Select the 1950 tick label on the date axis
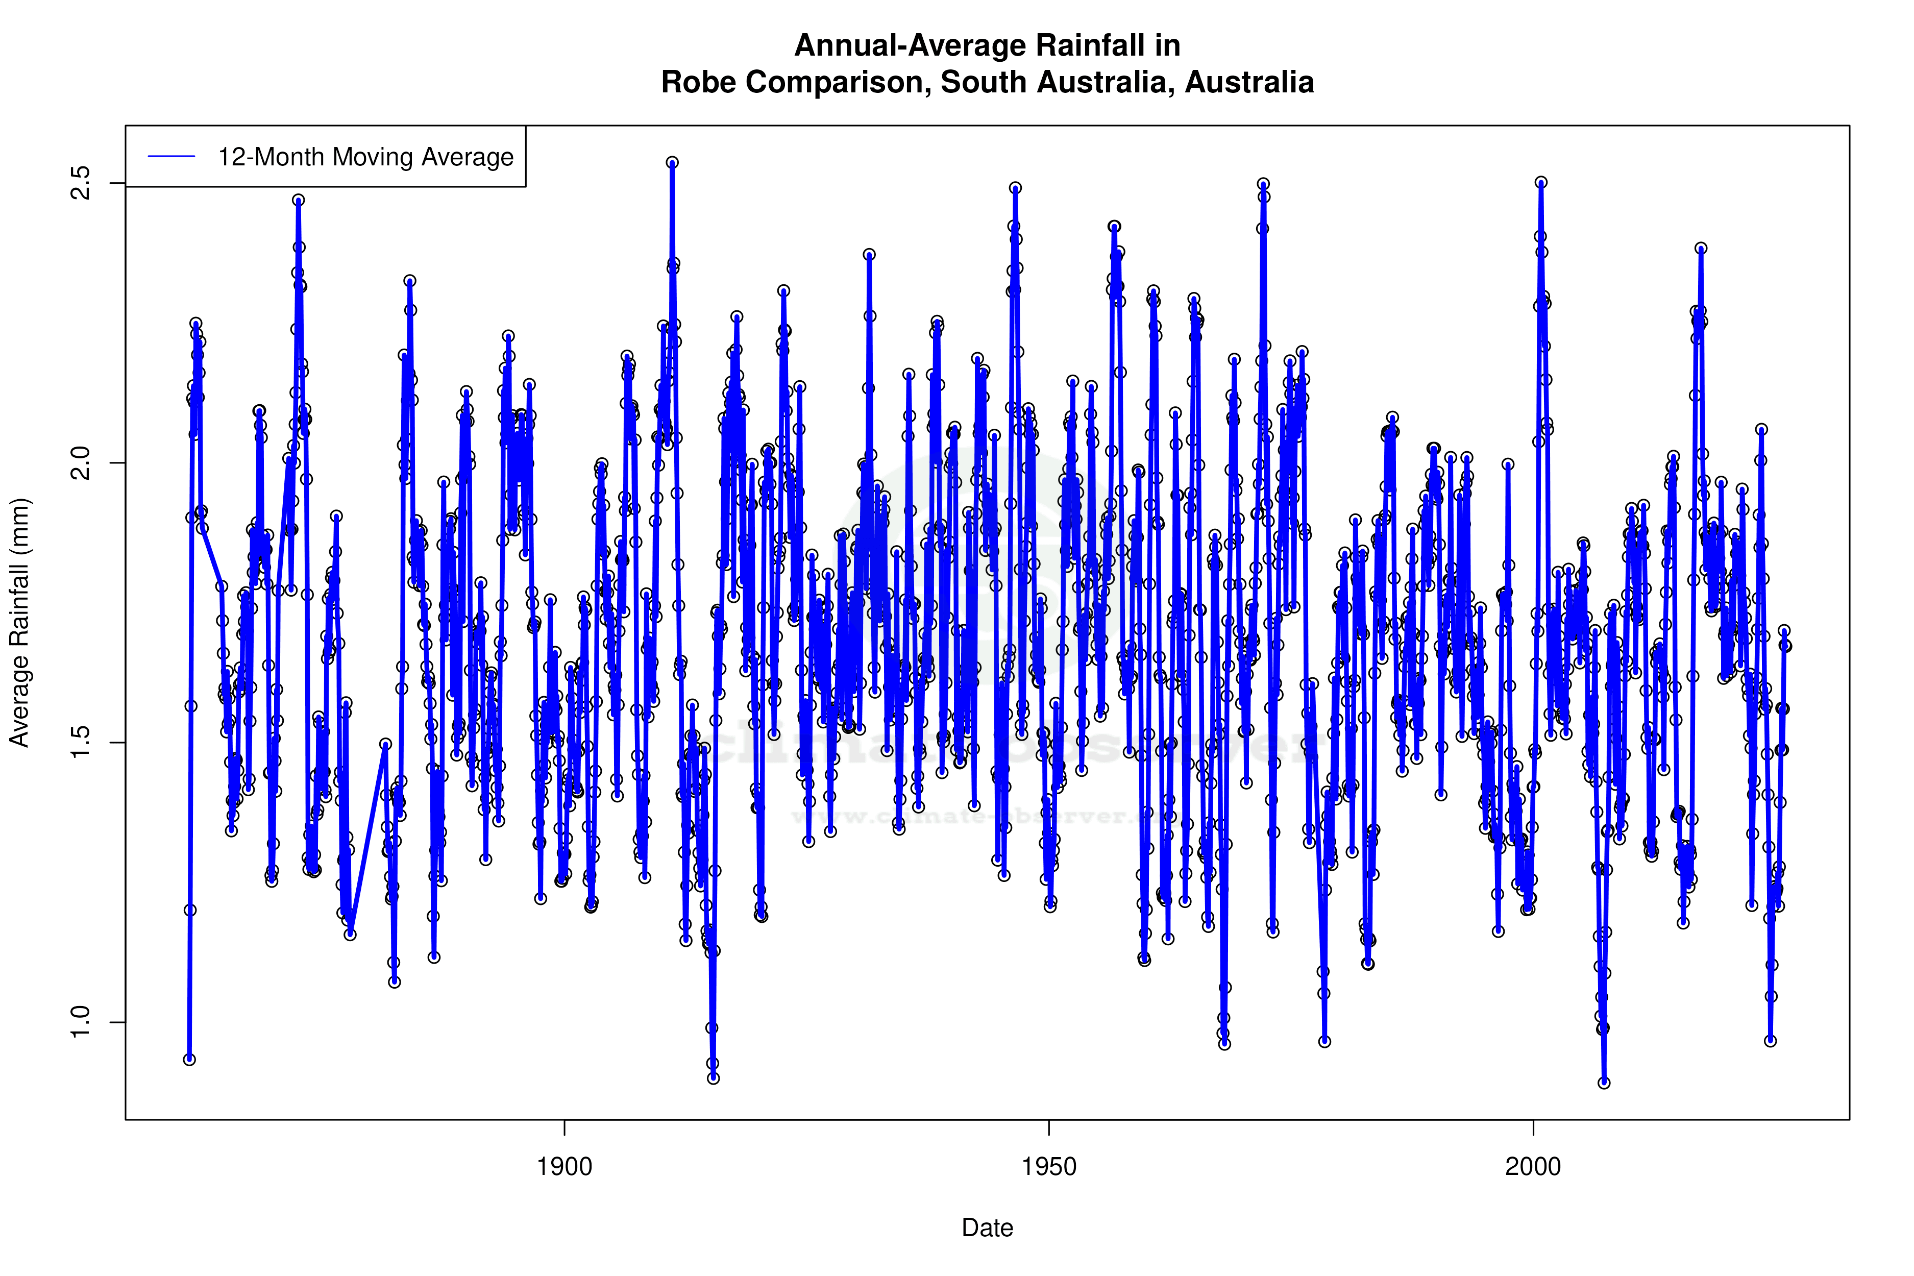(1049, 1167)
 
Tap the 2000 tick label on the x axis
(1533, 1167)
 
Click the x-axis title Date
(987, 1228)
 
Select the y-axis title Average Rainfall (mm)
(19, 623)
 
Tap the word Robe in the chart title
(698, 82)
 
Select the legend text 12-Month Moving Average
(365, 157)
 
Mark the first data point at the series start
(189, 1060)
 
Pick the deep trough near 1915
(714, 1078)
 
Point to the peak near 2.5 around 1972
(1263, 184)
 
